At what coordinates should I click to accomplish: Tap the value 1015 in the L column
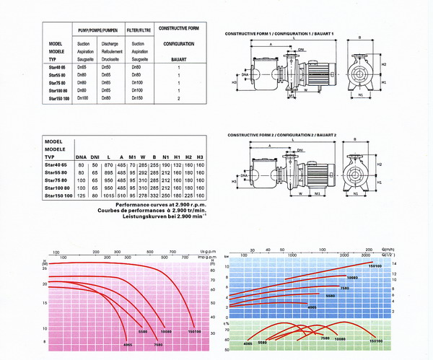109,196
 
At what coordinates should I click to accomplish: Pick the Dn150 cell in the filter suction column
137,97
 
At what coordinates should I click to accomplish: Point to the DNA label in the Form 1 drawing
245,74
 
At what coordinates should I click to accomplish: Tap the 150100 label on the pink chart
193,333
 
